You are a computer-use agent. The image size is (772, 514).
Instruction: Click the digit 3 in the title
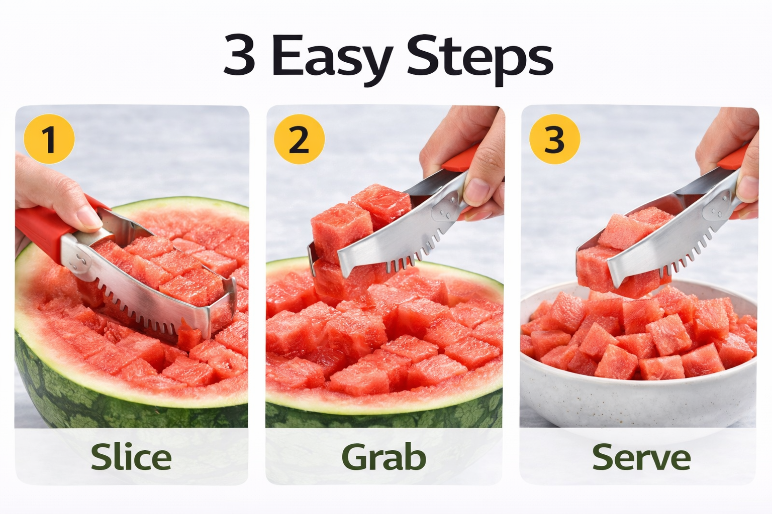[x=239, y=56]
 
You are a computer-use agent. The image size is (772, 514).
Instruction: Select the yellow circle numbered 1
[x=49, y=139]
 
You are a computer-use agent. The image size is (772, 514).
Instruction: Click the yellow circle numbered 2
[x=299, y=139]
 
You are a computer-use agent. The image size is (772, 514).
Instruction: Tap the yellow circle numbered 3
[x=554, y=139]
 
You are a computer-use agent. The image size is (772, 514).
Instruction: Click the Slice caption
[x=131, y=457]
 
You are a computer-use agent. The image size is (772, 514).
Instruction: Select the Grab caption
[x=383, y=457]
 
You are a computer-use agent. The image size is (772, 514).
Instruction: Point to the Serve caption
[x=641, y=457]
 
